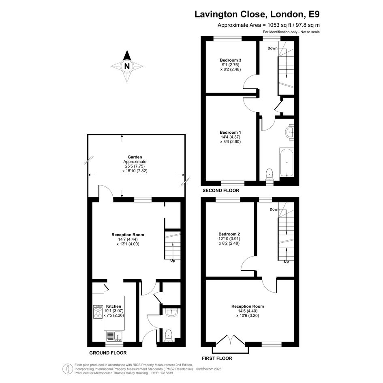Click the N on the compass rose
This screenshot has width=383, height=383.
coord(127,66)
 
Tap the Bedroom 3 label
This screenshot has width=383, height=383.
coord(230,60)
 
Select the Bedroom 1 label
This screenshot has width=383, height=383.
coord(230,133)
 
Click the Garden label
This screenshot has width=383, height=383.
coord(135,157)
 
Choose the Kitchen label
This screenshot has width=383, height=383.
coord(113,306)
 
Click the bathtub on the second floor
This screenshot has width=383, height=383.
coord(287,162)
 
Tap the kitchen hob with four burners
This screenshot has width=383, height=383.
coord(98,312)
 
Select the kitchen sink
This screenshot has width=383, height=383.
coord(114,336)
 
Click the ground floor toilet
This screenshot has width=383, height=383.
coord(169,335)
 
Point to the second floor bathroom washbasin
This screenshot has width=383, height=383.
coord(290,133)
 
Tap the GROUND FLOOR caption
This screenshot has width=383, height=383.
coord(108,353)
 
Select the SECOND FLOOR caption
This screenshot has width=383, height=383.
coord(221,190)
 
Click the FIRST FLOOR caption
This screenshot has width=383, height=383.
coord(217,358)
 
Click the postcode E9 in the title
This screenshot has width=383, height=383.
coord(314,14)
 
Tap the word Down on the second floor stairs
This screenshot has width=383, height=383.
coord(272,48)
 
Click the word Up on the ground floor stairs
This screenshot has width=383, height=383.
coord(173,261)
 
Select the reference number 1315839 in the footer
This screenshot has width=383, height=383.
coord(166,373)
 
